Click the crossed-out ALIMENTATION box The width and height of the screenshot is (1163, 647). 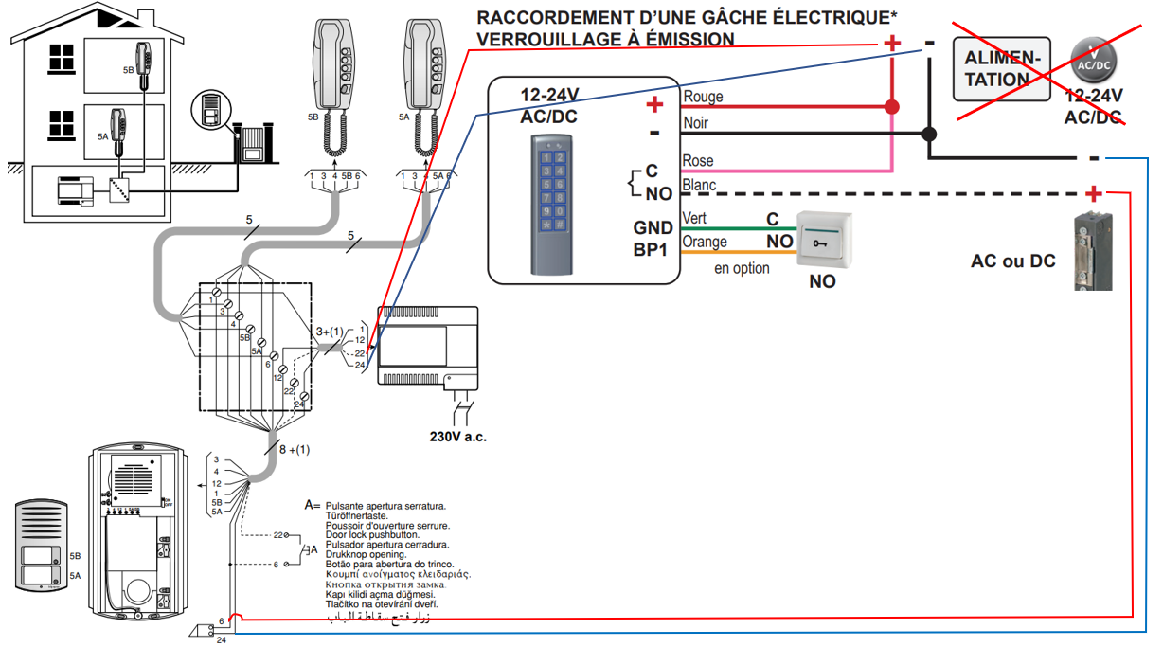click(1003, 69)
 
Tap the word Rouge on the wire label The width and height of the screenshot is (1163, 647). click(703, 97)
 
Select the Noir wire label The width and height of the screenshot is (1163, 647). click(696, 123)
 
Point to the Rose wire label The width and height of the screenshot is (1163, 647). click(698, 161)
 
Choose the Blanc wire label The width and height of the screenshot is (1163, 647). click(700, 186)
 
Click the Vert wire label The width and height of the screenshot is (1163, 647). click(694, 219)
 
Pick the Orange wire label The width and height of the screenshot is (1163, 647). click(705, 243)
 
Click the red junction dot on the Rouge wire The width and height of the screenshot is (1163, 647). click(891, 106)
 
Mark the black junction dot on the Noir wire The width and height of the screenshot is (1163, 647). click(930, 134)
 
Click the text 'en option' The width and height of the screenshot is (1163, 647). click(742, 268)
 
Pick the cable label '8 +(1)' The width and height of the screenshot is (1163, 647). click(293, 449)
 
